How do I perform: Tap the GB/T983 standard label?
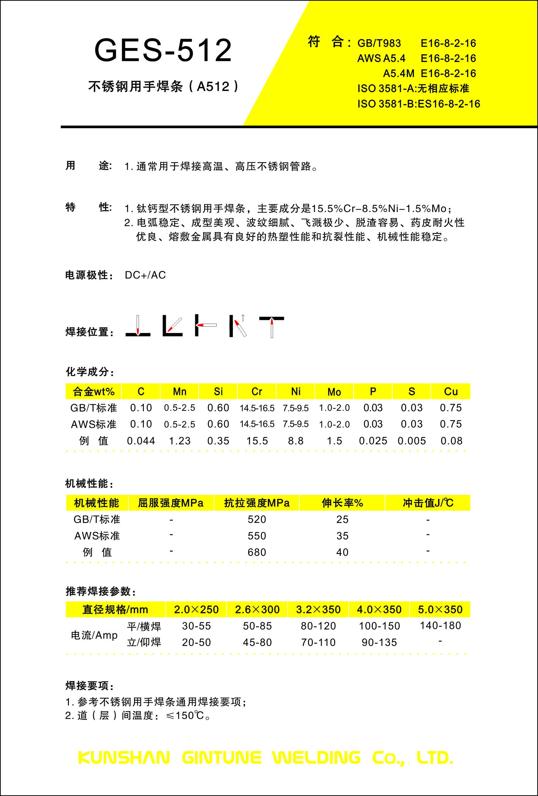379,44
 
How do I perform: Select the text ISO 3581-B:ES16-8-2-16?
419,104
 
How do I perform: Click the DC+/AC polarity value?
145,275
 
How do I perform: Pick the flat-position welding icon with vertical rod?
138,326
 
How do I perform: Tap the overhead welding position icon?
271,326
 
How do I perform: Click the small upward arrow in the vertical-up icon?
243,318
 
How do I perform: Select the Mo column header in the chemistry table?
334,392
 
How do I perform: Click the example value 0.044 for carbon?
141,441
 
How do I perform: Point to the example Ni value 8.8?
295,441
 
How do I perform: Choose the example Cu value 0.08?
451,441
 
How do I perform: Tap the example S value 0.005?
412,441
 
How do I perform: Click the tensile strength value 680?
257,552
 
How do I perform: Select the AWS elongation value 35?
342,536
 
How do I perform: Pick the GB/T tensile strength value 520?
257,519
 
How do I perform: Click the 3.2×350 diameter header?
318,610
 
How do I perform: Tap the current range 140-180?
440,626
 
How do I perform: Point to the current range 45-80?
257,642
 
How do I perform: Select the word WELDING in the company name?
316,758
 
